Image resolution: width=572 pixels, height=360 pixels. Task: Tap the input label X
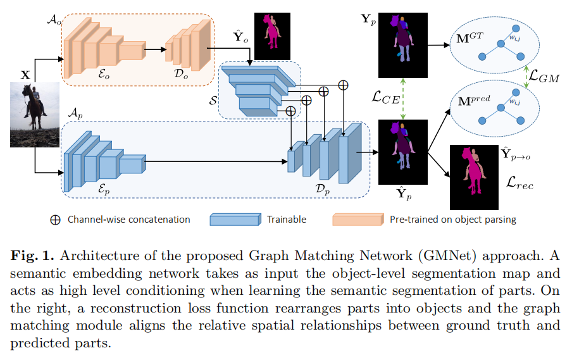(25, 75)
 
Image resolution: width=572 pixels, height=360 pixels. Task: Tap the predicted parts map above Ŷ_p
(402, 151)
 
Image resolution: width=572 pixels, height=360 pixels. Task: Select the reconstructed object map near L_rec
(474, 177)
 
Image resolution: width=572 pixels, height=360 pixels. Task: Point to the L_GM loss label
(545, 78)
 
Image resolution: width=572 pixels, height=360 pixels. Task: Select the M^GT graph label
(470, 39)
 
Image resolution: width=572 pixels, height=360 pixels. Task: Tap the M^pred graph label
(474, 99)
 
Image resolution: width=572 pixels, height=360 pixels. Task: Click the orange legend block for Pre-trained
(357, 220)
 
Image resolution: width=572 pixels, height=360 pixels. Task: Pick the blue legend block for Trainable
(234, 220)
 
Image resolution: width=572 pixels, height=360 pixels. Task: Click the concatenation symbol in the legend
(55, 220)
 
